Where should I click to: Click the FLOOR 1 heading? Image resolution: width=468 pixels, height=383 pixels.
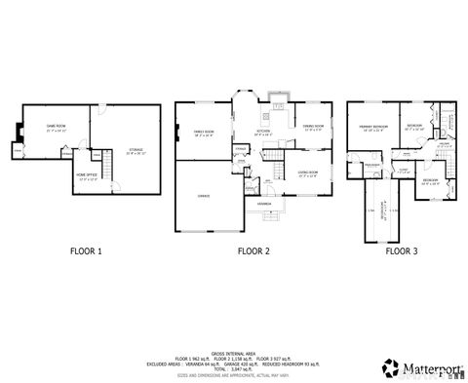tap(85, 250)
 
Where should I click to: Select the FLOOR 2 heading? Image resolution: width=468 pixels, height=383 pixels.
tap(253, 250)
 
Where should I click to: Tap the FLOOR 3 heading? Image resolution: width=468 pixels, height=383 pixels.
tap(401, 250)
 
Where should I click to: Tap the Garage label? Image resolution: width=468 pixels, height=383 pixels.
tap(204, 195)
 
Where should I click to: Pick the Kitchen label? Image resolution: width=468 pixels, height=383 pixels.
tap(263, 133)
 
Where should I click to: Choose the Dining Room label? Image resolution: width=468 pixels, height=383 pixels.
tap(312, 126)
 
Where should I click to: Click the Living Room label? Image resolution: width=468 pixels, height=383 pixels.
tap(308, 173)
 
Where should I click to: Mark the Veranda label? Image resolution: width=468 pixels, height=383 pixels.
tap(263, 205)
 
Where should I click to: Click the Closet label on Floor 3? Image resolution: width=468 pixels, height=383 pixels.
tap(402, 170)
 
